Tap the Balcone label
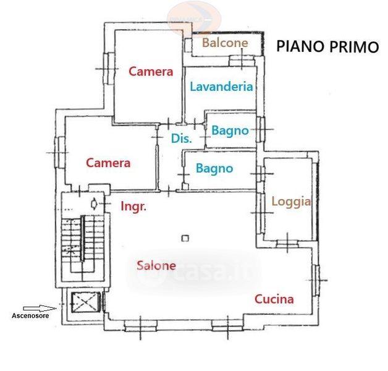tap(225, 43)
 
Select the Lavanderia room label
tap(221, 87)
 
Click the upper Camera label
tap(151, 72)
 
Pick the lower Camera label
tap(108, 163)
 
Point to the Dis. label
tap(182, 139)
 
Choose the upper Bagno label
tap(230, 130)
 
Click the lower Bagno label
tap(214, 168)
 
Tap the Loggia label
tap(290, 202)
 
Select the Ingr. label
tap(133, 207)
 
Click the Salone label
tap(156, 266)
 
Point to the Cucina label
tap(274, 299)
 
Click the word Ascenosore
tap(32, 316)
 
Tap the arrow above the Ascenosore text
tap(38, 307)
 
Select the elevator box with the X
tap(82, 303)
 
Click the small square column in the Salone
tap(185, 237)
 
